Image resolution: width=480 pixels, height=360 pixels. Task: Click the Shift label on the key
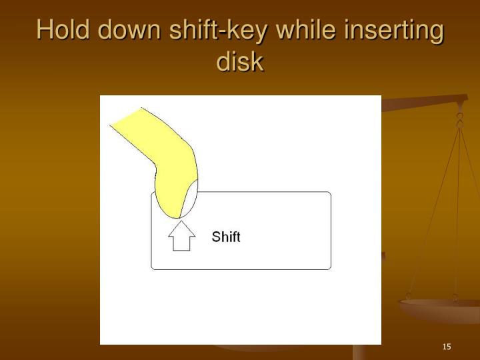[226, 237]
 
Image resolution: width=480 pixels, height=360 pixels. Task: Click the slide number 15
[447, 347]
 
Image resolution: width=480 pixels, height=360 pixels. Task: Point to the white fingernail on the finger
[190, 197]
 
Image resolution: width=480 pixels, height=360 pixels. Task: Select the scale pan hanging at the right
[440, 311]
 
